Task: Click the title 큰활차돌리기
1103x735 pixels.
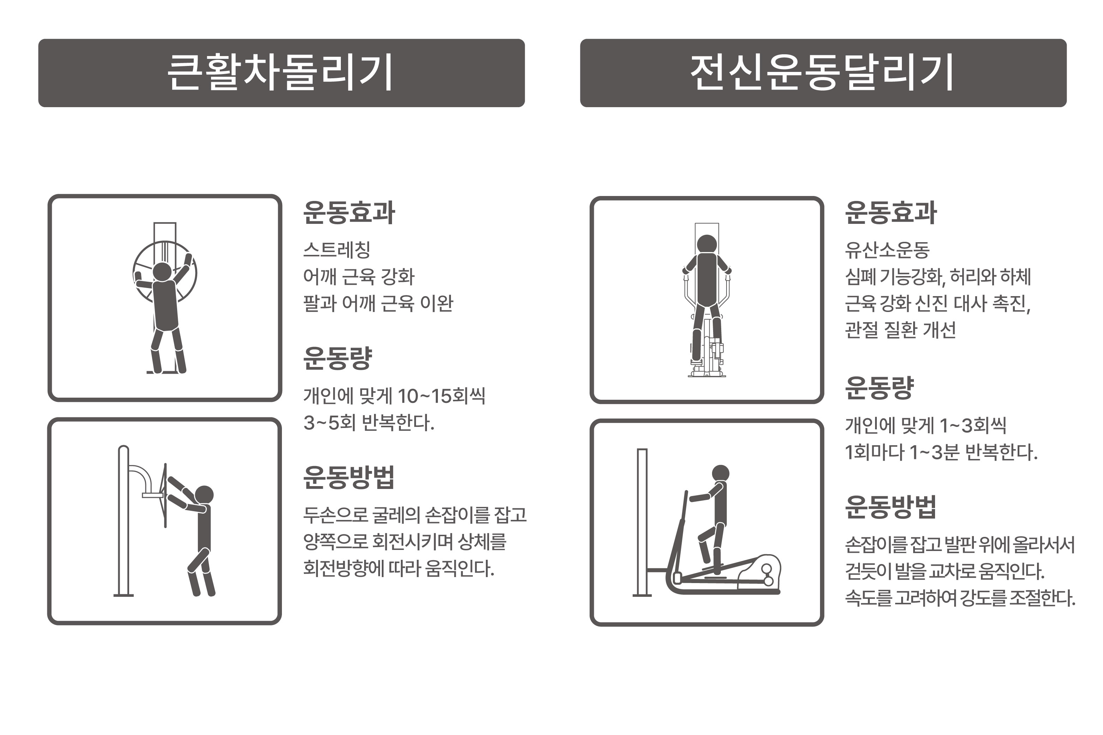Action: pyautogui.click(x=280, y=73)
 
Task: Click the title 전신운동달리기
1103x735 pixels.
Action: pyautogui.click(x=822, y=73)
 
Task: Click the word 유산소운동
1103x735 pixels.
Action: pyautogui.click(x=887, y=250)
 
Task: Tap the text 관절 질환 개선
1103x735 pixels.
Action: pyautogui.click(x=900, y=330)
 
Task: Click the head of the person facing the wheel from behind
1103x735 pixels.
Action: pyautogui.click(x=162, y=271)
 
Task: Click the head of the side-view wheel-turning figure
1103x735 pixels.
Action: pyautogui.click(x=204, y=495)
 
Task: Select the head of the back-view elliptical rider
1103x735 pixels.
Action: pyautogui.click(x=706, y=244)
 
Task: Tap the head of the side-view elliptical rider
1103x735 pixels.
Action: pyautogui.click(x=720, y=473)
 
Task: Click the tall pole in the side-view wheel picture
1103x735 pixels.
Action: pyautogui.click(x=123, y=520)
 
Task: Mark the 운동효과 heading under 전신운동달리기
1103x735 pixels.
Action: pyautogui.click(x=890, y=213)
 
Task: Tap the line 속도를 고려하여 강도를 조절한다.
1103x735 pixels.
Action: pyautogui.click(x=960, y=598)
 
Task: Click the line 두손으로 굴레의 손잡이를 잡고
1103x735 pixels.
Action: pyautogui.click(x=415, y=515)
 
